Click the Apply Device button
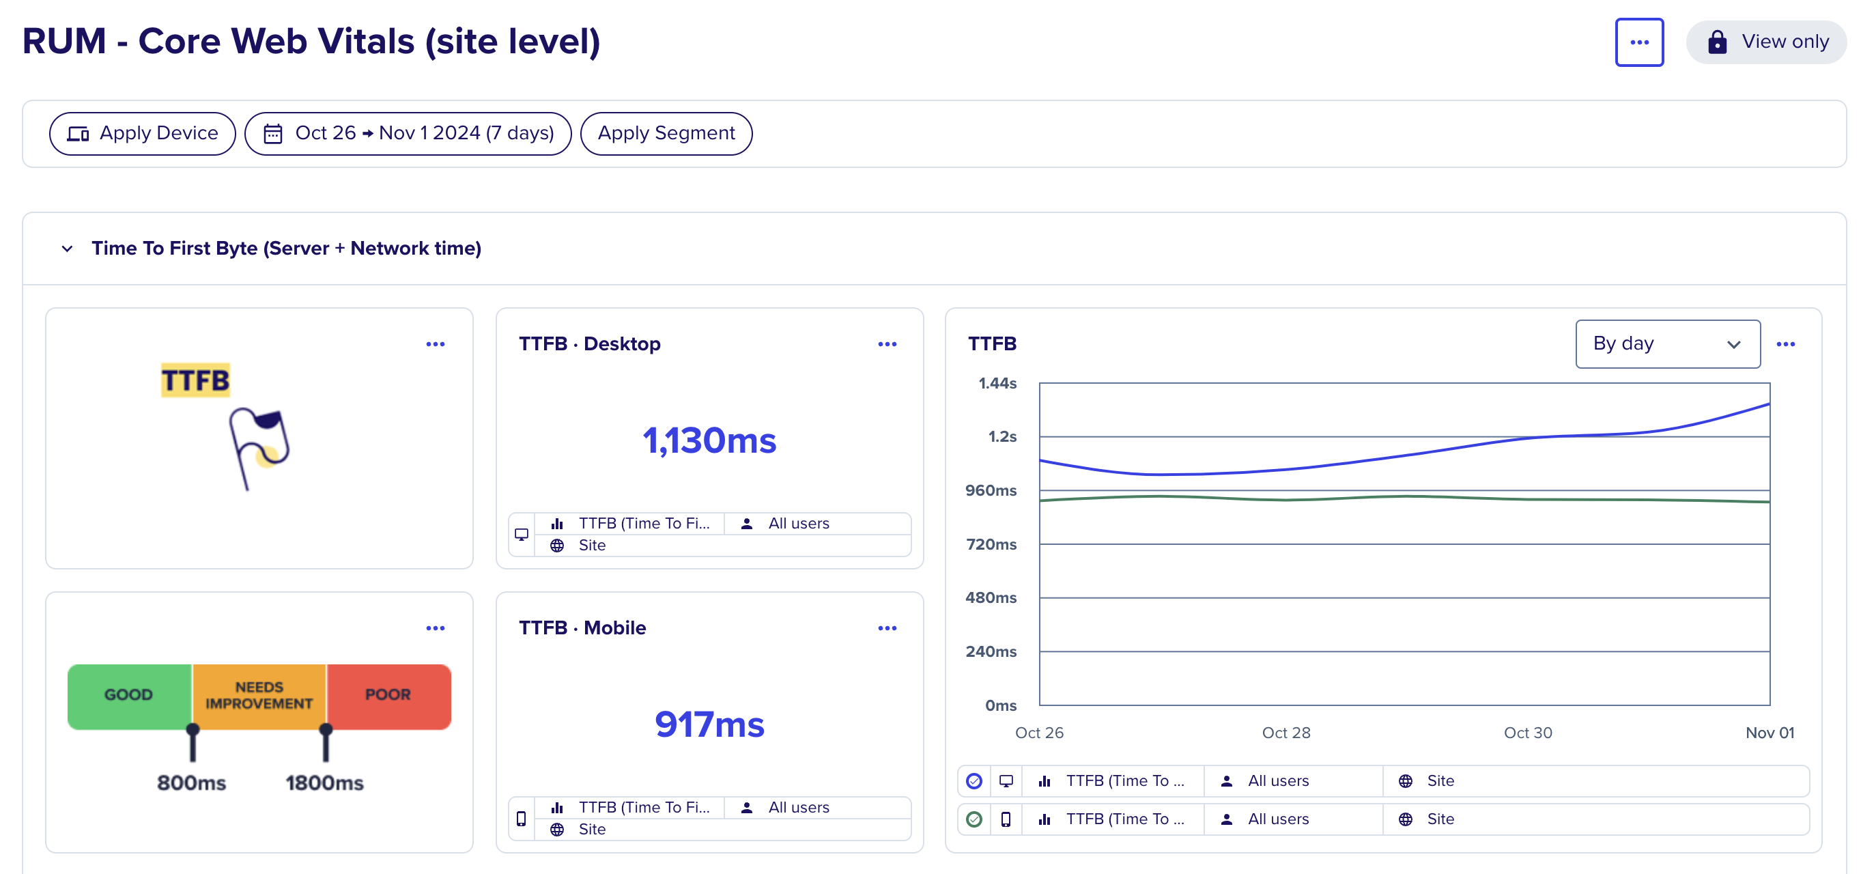click(142, 134)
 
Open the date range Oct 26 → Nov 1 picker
click(408, 134)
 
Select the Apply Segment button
click(666, 134)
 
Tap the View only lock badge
click(1765, 42)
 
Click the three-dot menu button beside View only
click(1639, 42)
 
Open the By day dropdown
click(1667, 344)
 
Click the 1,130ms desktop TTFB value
click(709, 440)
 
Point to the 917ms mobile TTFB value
click(709, 724)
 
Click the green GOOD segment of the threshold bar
click(129, 696)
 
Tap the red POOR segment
click(388, 696)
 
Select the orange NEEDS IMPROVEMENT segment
click(259, 696)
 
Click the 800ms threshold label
click(191, 783)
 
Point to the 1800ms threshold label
click(324, 783)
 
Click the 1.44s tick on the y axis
click(997, 384)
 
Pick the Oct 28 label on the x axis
click(1286, 733)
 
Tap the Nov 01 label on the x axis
click(1770, 733)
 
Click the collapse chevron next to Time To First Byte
click(67, 249)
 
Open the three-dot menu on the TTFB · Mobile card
click(887, 628)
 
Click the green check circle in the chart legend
click(974, 819)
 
